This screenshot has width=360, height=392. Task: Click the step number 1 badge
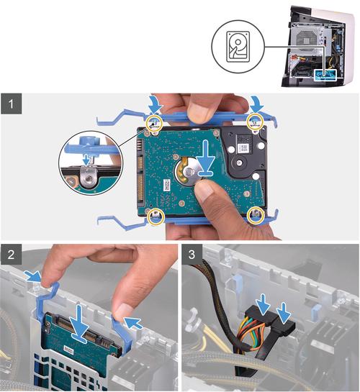[11, 104]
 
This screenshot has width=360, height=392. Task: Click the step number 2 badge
[11, 255]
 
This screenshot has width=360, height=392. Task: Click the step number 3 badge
[192, 255]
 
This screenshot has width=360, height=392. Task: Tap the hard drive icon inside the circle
[238, 47]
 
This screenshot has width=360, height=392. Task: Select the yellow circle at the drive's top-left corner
[154, 123]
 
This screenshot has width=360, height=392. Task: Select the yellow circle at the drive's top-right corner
[255, 122]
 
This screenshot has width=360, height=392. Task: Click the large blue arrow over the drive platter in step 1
[205, 158]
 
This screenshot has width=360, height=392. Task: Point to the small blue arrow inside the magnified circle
[86, 160]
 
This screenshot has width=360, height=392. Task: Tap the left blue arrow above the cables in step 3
[264, 304]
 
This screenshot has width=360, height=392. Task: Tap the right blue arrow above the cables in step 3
[285, 312]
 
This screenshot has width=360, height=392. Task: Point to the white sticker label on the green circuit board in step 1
[166, 184]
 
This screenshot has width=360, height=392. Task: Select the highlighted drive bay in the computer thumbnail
[325, 75]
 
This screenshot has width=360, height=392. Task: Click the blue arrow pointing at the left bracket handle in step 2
[32, 277]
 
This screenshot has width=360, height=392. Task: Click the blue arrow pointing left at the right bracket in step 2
[135, 323]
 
